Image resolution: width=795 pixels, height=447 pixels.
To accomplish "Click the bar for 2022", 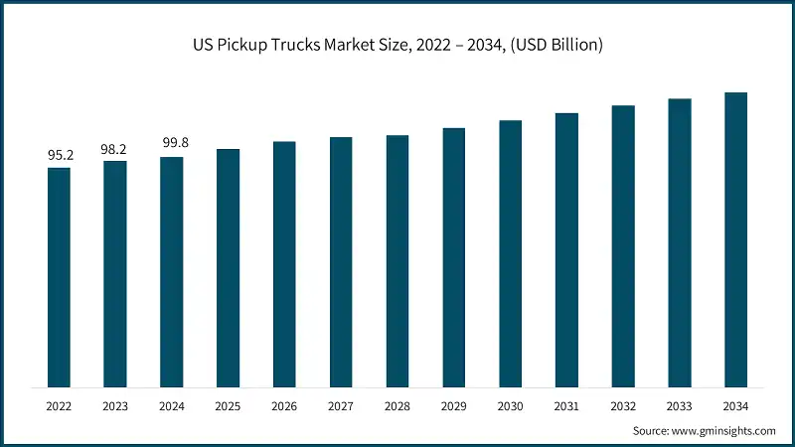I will (59, 277).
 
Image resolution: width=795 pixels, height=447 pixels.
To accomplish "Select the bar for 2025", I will (229, 268).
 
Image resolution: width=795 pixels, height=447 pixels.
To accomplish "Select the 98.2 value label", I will (115, 149).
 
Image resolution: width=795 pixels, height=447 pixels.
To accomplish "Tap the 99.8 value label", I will (172, 144).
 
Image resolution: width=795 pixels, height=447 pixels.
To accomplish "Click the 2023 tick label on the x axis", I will (115, 406).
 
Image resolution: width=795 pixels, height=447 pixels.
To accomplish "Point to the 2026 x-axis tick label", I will (284, 406).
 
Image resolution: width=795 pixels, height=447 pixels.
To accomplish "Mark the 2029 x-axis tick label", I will (453, 406).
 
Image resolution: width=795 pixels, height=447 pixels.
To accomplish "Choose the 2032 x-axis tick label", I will (623, 406).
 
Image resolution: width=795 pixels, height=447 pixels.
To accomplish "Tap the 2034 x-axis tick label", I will (735, 406).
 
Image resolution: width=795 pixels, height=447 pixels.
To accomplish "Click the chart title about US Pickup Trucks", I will (397, 45).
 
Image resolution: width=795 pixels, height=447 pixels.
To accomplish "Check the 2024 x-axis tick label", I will (172, 406).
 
